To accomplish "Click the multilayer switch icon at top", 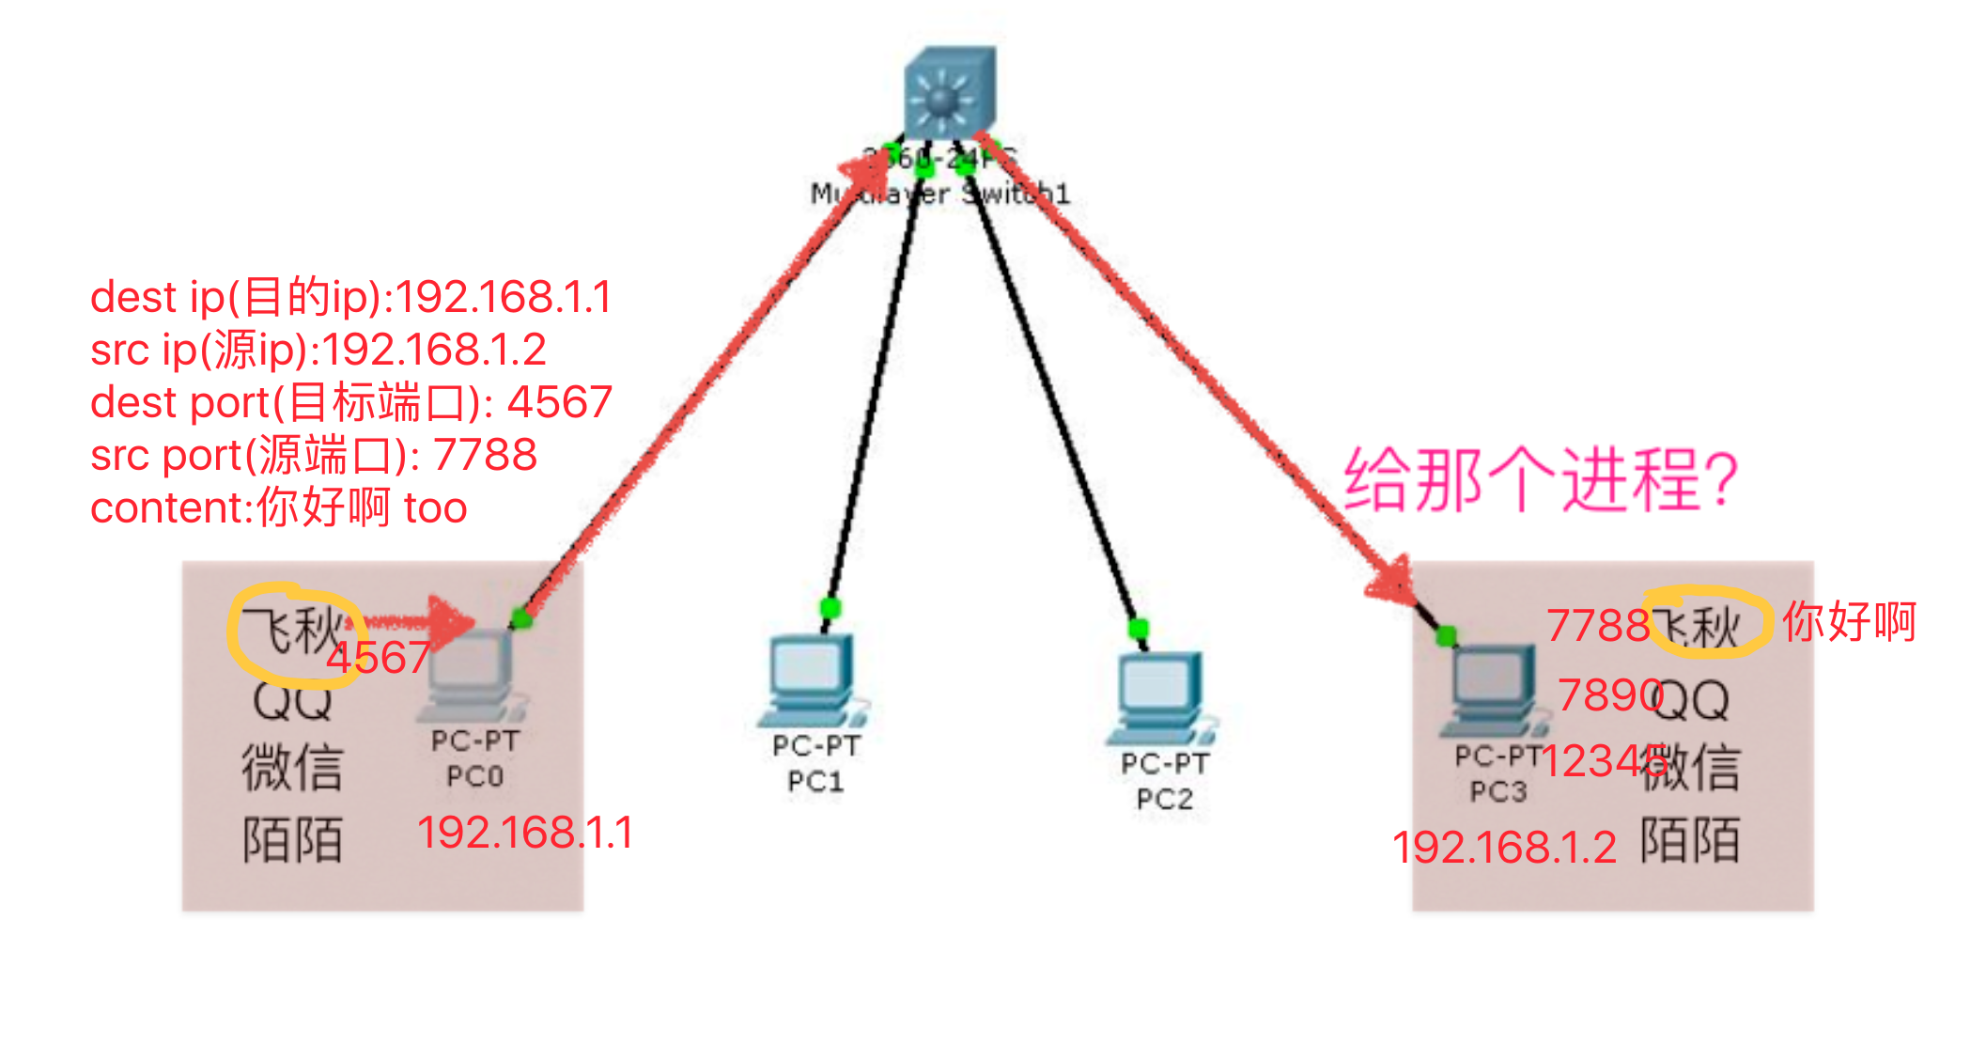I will (x=948, y=92).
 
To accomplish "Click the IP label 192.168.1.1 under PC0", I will (x=524, y=833).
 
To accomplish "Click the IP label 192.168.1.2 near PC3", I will (x=1503, y=848).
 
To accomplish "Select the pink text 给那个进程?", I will (x=1541, y=480).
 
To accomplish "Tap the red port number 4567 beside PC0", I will (x=378, y=657).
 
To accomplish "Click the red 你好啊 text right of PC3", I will (x=1849, y=622).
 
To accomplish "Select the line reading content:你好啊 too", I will (x=278, y=508).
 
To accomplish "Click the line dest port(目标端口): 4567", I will (x=350, y=403).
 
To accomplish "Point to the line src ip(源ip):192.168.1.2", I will (x=318, y=351).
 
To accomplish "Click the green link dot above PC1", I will (x=830, y=606).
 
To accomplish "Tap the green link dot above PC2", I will (x=1139, y=628).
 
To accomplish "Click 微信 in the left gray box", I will (x=292, y=767).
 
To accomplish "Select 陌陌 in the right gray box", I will (x=1689, y=840).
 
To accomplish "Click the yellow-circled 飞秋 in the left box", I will (x=292, y=631).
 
